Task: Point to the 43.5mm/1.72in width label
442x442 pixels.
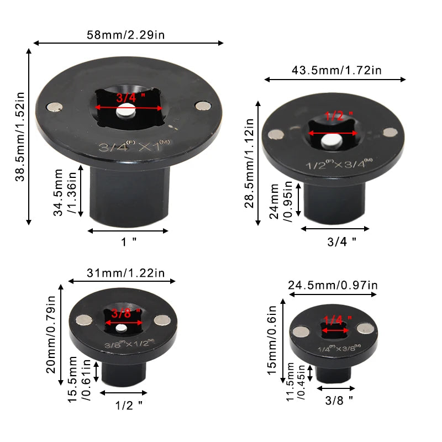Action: point(336,70)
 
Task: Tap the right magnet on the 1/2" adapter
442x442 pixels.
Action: point(390,132)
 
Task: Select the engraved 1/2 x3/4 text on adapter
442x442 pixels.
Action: point(331,164)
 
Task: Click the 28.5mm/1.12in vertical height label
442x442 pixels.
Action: point(249,163)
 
